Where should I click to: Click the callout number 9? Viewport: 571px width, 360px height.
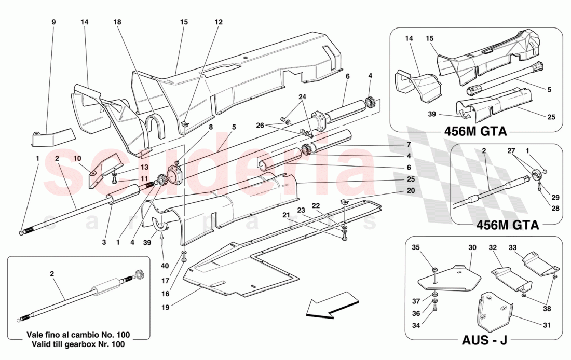[x=53, y=22]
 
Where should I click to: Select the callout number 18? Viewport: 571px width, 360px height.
[x=117, y=22]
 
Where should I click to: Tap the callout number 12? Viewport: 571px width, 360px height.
[x=219, y=22]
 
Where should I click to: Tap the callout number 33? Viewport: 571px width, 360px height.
[x=512, y=247]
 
